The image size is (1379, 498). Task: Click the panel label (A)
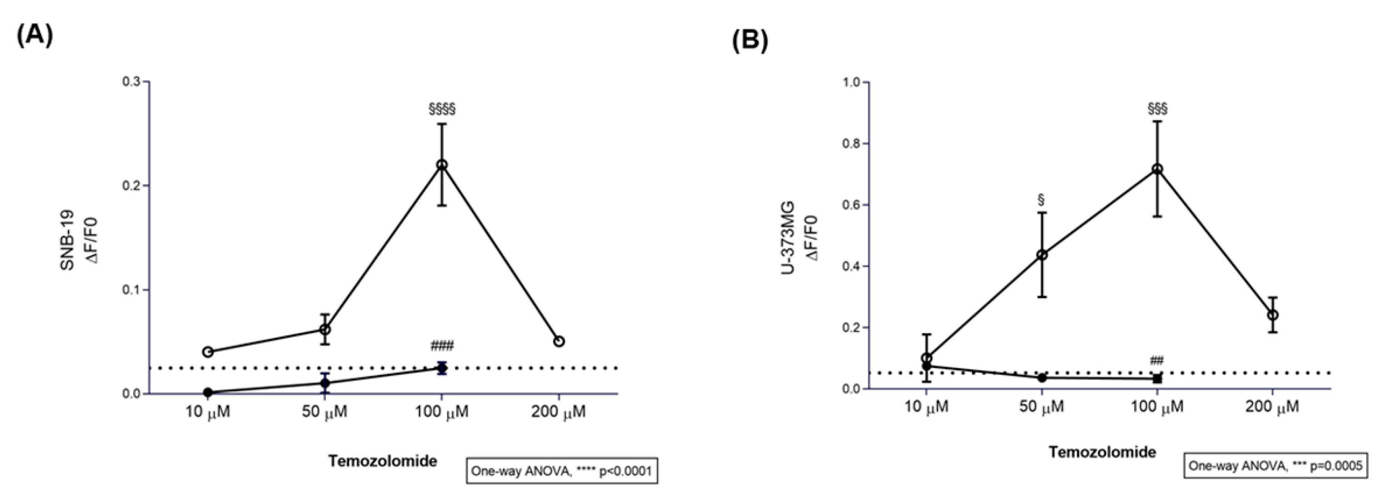pyautogui.click(x=35, y=36)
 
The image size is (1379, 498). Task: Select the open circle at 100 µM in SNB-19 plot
pyautogui.click(x=442, y=165)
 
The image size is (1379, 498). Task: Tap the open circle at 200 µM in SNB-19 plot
pyautogui.click(x=559, y=341)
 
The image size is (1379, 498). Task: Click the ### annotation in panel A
pyautogui.click(x=442, y=346)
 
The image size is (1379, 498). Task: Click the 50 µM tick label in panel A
pyautogui.click(x=325, y=412)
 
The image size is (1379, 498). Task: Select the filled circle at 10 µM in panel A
pyautogui.click(x=208, y=393)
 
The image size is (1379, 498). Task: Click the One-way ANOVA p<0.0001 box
pyautogui.click(x=562, y=471)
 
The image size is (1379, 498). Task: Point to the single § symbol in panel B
pyautogui.click(x=1041, y=200)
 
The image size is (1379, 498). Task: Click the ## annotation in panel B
pyautogui.click(x=1157, y=360)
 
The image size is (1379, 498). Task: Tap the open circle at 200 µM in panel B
pyautogui.click(x=1273, y=315)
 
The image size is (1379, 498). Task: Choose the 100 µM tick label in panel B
pyautogui.click(x=1157, y=407)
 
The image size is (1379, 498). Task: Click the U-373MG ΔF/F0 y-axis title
pyautogui.click(x=798, y=238)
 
